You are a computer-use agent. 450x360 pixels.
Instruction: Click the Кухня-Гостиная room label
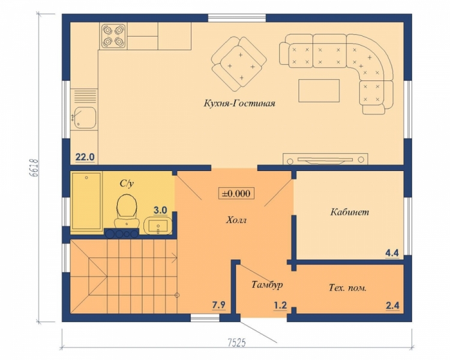[239, 103]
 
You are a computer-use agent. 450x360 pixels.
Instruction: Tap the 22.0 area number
[85, 157]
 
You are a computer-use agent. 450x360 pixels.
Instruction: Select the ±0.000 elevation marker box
[236, 193]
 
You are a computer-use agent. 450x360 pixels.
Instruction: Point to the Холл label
[236, 220]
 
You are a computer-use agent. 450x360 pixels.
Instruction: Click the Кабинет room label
[350, 212]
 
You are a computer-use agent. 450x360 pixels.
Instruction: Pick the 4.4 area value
[392, 253]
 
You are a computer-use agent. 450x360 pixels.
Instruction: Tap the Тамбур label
[267, 284]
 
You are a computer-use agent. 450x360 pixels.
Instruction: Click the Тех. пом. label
[347, 288]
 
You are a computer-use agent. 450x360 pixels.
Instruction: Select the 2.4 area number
[392, 305]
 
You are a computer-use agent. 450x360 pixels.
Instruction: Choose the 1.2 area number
[280, 305]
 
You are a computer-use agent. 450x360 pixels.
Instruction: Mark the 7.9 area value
[218, 305]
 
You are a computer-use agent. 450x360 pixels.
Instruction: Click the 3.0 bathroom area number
[160, 210]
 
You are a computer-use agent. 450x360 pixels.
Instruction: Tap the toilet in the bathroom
[127, 210]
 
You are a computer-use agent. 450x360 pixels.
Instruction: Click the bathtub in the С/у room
[86, 201]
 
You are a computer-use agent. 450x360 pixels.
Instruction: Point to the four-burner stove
[113, 36]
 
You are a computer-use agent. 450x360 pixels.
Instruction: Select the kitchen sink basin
[85, 118]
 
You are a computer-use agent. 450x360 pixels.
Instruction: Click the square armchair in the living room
[239, 63]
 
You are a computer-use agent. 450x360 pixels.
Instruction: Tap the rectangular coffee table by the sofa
[319, 91]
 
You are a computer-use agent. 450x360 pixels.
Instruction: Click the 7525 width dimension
[237, 343]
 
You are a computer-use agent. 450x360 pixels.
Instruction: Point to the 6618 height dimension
[34, 168]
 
